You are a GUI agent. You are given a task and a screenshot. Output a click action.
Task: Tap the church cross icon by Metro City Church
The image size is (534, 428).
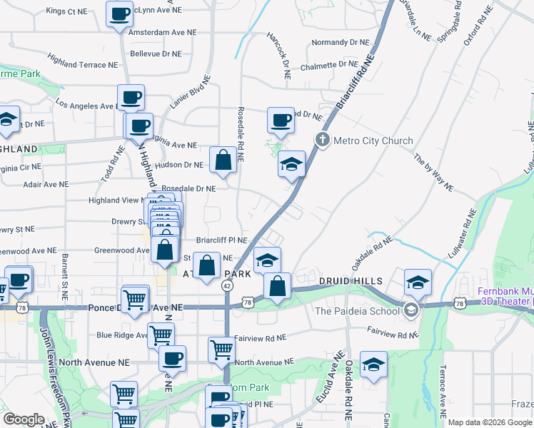pos(323,140)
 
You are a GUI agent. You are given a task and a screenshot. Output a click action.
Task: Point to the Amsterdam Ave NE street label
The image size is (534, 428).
pos(163,32)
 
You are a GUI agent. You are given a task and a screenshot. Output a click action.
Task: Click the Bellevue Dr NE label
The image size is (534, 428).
pos(156,53)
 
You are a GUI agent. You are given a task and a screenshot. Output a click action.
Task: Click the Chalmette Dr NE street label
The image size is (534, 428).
pos(328,65)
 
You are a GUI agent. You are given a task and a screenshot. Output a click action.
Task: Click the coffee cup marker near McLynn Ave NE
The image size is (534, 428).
pos(119,14)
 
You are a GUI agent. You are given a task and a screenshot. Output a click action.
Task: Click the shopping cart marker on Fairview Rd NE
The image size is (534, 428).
pos(221,350)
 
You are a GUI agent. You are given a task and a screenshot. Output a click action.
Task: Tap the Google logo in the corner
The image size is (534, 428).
pos(24,419)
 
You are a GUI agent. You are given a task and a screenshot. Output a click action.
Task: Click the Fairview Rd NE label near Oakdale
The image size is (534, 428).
pos(392,332)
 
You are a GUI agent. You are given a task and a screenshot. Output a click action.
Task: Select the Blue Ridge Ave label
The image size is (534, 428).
pos(120,335)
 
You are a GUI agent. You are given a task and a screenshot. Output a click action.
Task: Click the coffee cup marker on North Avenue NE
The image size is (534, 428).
pos(171,358)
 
